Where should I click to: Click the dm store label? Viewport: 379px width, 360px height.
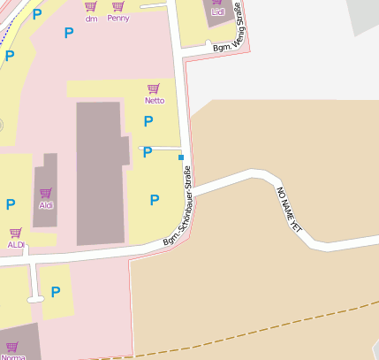click(x=91, y=18)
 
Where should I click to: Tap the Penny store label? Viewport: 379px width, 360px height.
click(x=117, y=18)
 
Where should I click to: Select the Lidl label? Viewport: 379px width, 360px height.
click(x=217, y=12)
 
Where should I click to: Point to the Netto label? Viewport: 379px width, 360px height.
click(x=155, y=100)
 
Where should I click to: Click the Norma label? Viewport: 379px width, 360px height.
click(x=13, y=356)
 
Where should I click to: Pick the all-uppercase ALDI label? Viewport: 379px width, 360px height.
click(x=16, y=244)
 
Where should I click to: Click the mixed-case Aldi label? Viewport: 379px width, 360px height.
click(x=46, y=204)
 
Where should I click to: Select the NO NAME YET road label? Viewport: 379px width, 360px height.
click(x=290, y=209)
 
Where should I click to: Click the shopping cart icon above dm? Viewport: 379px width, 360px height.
click(x=91, y=6)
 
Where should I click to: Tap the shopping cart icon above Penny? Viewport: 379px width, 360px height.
click(x=117, y=6)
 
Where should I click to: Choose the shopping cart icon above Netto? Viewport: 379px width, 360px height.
click(x=154, y=88)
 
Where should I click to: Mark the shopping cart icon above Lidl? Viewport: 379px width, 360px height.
click(x=217, y=3)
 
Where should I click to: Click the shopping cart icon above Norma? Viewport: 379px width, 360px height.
click(x=11, y=346)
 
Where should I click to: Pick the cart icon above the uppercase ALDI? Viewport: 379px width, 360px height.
click(x=16, y=233)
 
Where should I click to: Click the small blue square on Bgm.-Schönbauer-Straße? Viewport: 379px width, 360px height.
click(x=181, y=157)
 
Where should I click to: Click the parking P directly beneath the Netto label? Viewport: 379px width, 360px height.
click(x=148, y=122)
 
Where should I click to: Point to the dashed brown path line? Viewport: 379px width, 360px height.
click(x=265, y=325)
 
